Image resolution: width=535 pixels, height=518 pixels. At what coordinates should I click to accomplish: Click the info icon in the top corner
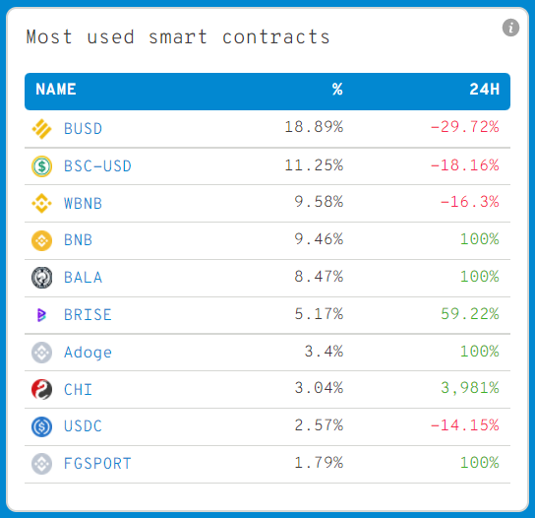pyautogui.click(x=510, y=28)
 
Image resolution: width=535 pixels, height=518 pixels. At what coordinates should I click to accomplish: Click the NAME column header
pyautogui.click(x=56, y=90)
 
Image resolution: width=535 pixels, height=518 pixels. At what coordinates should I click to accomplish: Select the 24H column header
pyautogui.click(x=484, y=90)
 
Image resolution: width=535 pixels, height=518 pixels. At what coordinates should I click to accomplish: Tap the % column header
pyautogui.click(x=337, y=90)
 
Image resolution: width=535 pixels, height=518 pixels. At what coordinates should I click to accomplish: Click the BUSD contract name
pyautogui.click(x=83, y=128)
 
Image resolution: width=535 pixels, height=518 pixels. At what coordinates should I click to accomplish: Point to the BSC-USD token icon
pyautogui.click(x=41, y=165)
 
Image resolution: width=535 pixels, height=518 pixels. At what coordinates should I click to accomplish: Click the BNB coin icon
pyautogui.click(x=41, y=240)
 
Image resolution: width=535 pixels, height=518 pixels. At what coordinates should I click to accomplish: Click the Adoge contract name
pyautogui.click(x=88, y=353)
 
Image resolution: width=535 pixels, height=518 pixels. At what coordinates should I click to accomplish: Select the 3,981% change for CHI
pyautogui.click(x=472, y=390)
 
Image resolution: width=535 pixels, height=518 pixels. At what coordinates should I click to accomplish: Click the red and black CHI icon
pyautogui.click(x=41, y=390)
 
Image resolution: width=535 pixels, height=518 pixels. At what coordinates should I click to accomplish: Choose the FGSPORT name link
pyautogui.click(x=96, y=464)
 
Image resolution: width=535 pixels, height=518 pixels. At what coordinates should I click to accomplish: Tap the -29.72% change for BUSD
pyautogui.click(x=464, y=128)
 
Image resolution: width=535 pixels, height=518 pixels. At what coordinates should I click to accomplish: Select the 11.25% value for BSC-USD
pyautogui.click(x=314, y=165)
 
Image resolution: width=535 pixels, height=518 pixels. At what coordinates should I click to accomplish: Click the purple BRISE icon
pyautogui.click(x=41, y=315)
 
